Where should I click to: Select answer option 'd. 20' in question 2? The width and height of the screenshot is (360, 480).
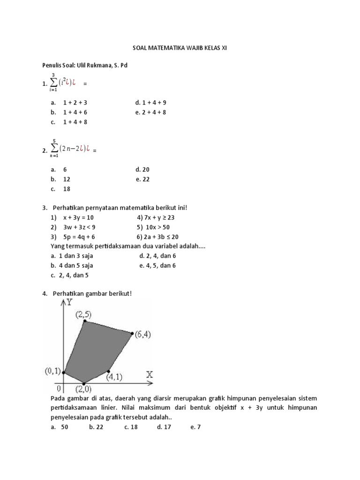(142, 170)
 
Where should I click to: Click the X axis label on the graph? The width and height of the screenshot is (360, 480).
(150, 375)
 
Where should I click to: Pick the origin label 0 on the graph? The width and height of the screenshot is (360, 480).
(59, 388)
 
